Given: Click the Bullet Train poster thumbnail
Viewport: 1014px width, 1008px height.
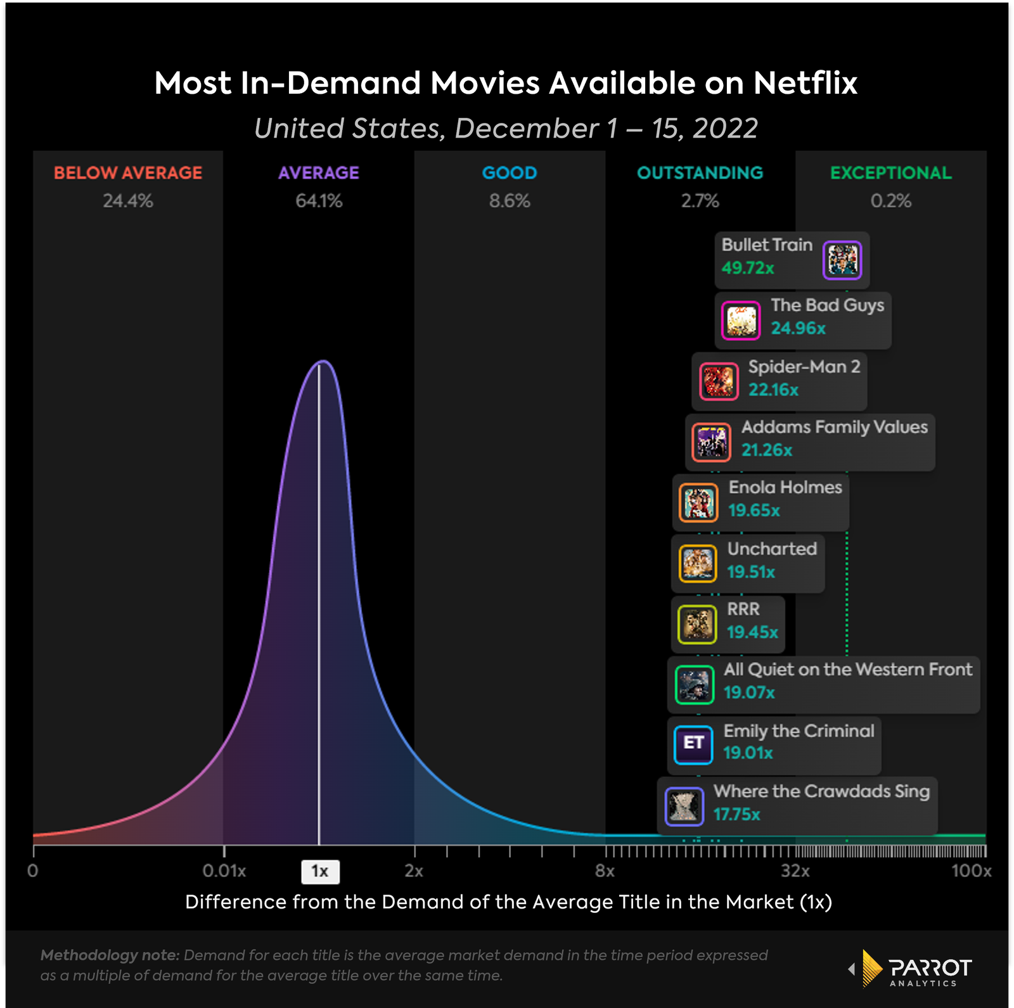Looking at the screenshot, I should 842,260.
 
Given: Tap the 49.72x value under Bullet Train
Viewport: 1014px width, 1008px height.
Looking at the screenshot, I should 748,268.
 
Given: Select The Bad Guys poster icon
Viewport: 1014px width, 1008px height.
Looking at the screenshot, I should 741,321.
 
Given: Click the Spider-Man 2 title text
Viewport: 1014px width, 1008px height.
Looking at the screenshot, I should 804,367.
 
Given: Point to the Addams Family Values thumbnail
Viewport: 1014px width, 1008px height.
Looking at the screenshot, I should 712,442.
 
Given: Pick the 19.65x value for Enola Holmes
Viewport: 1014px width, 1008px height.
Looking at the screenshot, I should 754,511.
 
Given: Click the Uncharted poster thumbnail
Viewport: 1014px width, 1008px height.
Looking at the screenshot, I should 698,563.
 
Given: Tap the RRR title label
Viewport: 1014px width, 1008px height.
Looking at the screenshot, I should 743,609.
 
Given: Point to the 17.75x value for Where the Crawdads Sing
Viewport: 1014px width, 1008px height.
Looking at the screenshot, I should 736,815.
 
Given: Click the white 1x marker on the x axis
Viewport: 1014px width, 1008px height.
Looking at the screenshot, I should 320,872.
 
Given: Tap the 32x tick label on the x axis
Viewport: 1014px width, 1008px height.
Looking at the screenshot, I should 795,871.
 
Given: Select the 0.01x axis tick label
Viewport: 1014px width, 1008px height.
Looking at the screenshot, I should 224,871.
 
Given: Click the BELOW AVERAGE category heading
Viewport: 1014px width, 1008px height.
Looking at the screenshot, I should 128,173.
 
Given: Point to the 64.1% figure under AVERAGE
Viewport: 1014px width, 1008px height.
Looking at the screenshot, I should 319,201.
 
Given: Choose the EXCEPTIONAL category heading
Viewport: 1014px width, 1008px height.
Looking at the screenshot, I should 891,173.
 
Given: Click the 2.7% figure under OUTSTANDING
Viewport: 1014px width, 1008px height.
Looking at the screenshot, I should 700,201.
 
